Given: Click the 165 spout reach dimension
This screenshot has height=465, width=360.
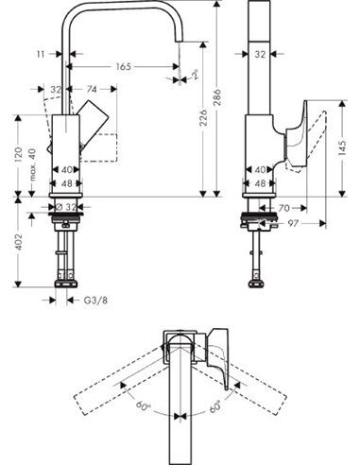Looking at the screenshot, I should coord(124,67).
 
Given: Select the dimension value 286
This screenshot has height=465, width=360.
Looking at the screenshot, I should coord(220,95).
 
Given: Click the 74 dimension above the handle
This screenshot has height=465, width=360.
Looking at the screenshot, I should coord(92,90).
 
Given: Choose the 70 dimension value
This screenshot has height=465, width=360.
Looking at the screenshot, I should coord(283,206).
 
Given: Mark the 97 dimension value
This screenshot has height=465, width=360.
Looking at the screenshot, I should coord(294,224).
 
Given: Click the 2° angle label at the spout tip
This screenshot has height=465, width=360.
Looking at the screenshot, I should coord(194,74).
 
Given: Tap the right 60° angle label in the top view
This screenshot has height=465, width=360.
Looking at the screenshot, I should coord(214,405).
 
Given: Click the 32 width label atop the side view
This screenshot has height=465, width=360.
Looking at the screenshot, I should coord(260,55).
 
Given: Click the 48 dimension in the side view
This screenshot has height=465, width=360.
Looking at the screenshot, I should coord(260,183).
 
